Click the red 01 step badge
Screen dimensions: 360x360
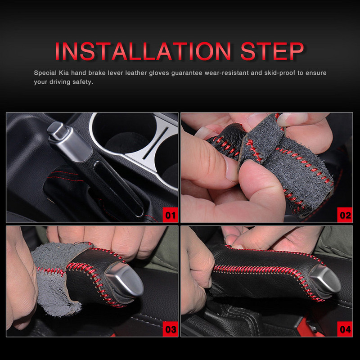[x=170, y=215]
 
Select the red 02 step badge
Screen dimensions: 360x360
[x=345, y=215]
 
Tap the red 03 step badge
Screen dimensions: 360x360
[x=170, y=329]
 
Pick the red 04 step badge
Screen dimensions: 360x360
[x=345, y=329]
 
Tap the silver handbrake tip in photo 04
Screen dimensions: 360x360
[x=326, y=279]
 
